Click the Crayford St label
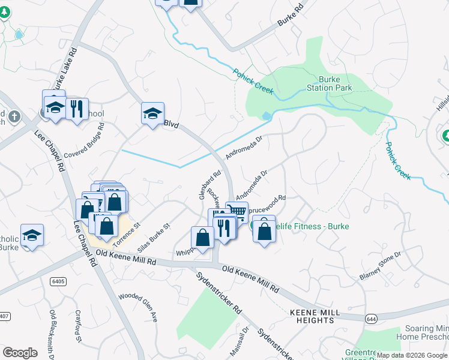(x=78, y=326)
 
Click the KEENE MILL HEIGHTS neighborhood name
(x=315, y=316)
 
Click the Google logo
(x=20, y=353)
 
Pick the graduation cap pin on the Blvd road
(x=152, y=112)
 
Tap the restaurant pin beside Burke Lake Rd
(x=77, y=109)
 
